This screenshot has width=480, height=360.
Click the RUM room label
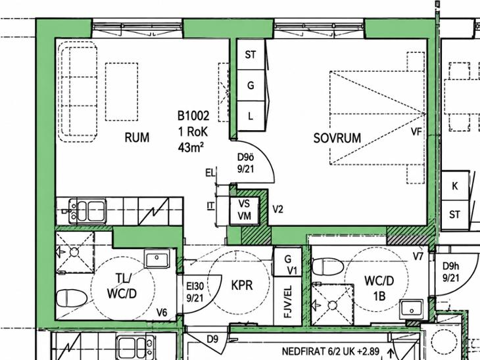[137, 138]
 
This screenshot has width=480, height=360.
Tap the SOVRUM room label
[337, 138]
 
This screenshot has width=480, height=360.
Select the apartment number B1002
[193, 116]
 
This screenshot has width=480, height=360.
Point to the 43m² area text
[191, 147]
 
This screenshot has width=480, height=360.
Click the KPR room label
[242, 285]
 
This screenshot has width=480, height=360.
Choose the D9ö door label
[246, 157]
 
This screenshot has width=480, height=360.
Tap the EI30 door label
[195, 286]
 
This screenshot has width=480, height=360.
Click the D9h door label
[451, 266]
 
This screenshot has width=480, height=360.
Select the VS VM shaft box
[245, 210]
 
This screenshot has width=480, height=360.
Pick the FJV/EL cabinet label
[288, 302]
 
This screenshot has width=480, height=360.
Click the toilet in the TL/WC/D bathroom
[72, 298]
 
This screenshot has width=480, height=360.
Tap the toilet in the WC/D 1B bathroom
[328, 267]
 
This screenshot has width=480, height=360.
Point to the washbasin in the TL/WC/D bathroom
[157, 259]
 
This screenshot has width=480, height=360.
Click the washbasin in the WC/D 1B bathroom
[412, 309]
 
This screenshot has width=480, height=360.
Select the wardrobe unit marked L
[251, 116]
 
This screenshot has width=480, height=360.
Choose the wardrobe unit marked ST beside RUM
[251, 55]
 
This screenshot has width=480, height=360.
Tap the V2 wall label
[277, 210]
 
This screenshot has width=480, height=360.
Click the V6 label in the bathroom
[162, 313]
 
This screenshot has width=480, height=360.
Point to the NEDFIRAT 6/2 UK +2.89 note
[331, 351]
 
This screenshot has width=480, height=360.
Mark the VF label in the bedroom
[416, 132]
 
